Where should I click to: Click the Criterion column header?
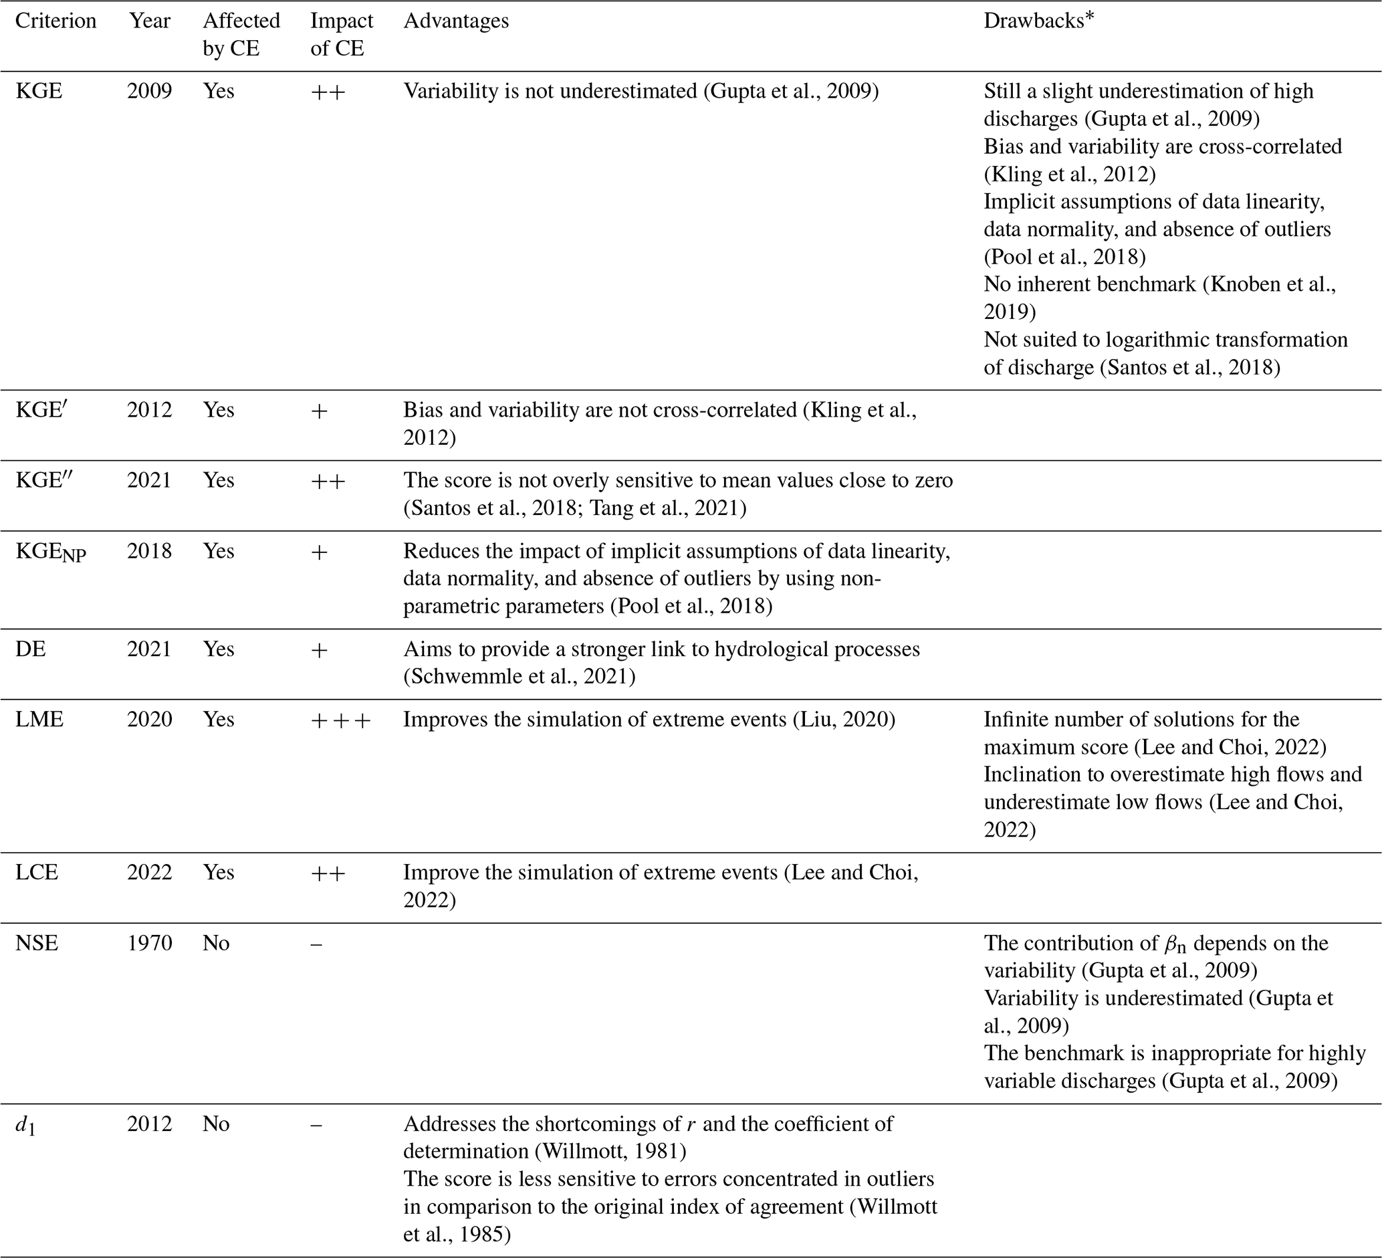55,21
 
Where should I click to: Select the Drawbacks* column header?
1038,21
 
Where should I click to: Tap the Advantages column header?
456,21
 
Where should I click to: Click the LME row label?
39,719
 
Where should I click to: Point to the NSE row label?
37,943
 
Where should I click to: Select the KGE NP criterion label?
51,552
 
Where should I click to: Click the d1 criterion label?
25,1125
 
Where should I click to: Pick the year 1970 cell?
150,943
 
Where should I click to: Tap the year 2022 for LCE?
150,873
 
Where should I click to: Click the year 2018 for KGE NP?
150,551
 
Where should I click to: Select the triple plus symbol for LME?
341,720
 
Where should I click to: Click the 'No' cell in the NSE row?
216,943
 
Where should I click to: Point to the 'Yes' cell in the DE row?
219,649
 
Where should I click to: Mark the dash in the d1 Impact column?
316,1125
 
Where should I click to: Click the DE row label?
31,649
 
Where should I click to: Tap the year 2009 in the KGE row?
150,91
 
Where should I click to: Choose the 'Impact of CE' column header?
342,34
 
